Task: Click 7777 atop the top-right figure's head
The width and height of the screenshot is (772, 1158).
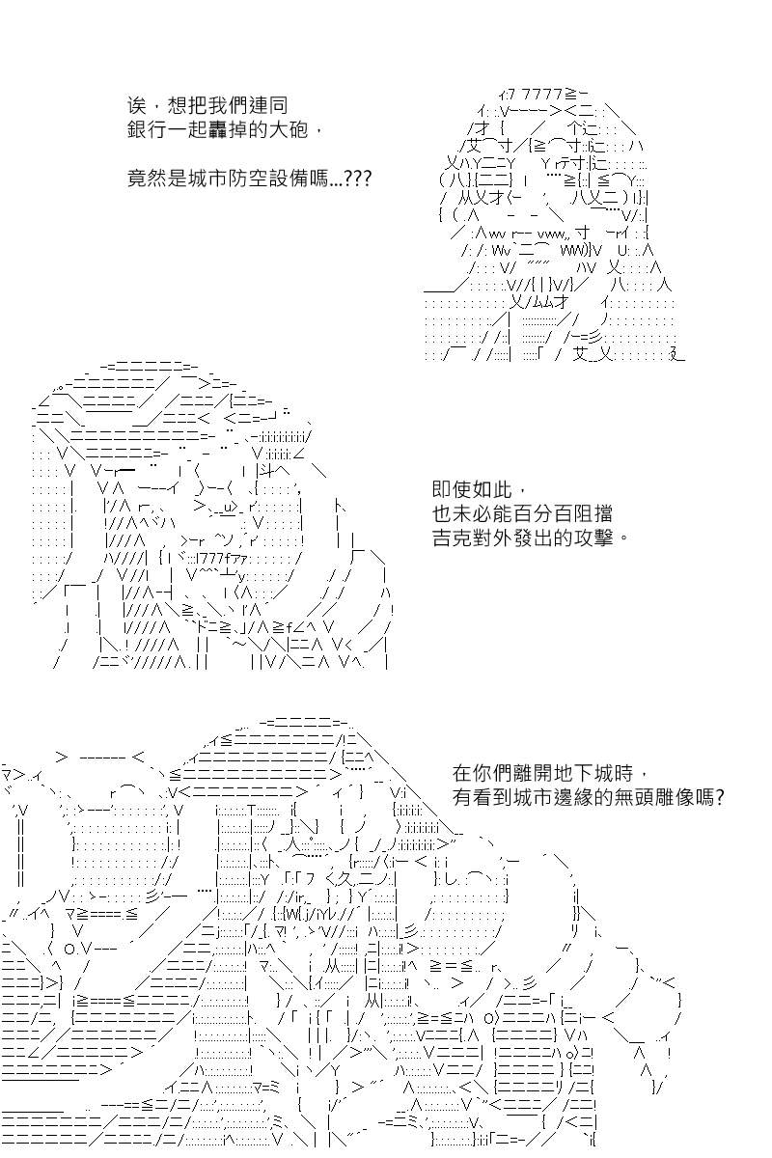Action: point(542,95)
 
